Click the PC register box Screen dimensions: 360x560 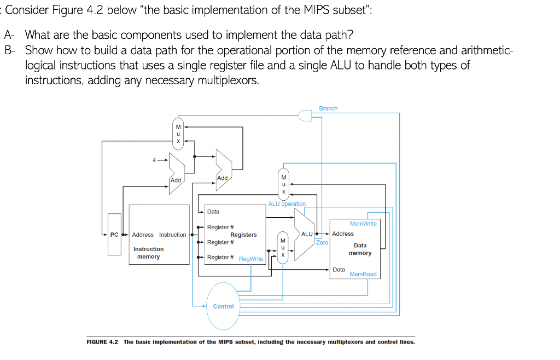(x=114, y=235)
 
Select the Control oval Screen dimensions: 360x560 (x=223, y=306)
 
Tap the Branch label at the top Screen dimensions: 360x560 (x=328, y=108)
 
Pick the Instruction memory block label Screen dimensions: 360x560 (x=148, y=253)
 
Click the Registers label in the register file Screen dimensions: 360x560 (x=243, y=235)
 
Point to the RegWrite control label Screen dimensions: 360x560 (x=251, y=259)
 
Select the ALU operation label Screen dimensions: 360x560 (x=287, y=204)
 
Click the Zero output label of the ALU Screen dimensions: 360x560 (x=322, y=242)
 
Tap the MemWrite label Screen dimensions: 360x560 (x=363, y=223)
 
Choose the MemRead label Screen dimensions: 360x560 (x=363, y=274)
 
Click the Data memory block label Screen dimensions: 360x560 (x=360, y=249)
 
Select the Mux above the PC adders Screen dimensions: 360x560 (x=178, y=133)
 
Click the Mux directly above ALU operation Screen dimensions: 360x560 (x=283, y=184)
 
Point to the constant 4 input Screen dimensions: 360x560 (x=155, y=160)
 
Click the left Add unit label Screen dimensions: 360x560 (x=176, y=180)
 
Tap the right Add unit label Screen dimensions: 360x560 (x=222, y=178)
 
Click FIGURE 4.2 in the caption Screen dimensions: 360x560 (x=103, y=342)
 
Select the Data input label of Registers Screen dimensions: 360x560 (x=213, y=211)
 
